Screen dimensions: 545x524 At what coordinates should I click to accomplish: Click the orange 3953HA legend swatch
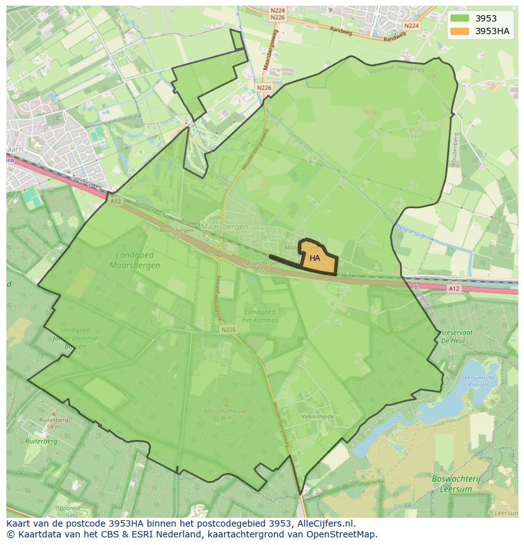pyautogui.click(x=460, y=31)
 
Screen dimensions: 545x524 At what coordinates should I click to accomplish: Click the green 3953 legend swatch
pyautogui.click(x=460, y=18)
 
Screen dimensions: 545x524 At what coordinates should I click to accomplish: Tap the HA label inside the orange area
pyautogui.click(x=315, y=258)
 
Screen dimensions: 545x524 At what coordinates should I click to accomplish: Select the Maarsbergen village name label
pyautogui.click(x=225, y=226)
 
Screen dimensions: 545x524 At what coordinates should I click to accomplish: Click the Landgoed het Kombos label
pyautogui.click(x=260, y=316)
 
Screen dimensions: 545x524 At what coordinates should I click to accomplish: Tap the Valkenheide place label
pyautogui.click(x=317, y=417)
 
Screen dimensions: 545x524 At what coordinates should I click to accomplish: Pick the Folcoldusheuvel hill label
pyautogui.click(x=226, y=411)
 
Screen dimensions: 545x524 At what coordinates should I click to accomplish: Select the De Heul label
pyautogui.click(x=454, y=340)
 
